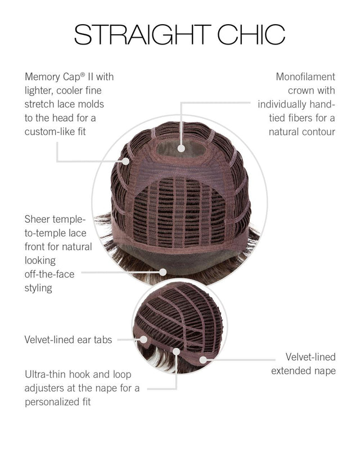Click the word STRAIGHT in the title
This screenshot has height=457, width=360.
142,34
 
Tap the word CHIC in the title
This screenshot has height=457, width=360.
251,34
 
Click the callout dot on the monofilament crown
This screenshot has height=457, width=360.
181,149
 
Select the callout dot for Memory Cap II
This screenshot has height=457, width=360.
125,161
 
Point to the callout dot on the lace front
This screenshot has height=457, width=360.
163,272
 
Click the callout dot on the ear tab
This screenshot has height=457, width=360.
143,339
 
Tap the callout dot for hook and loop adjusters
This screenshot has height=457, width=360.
176,352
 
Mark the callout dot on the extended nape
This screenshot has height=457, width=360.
203,360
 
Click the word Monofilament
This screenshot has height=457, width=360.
305,77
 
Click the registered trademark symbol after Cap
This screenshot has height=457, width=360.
83,74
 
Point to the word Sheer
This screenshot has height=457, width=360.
37,219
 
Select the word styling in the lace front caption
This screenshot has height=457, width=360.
38,288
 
